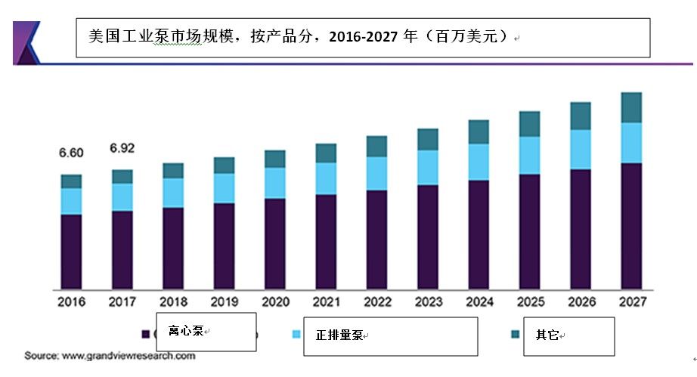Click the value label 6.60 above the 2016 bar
click(x=71, y=153)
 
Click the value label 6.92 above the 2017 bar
click(x=122, y=147)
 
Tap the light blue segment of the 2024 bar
click(x=479, y=162)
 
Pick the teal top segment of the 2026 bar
click(x=580, y=116)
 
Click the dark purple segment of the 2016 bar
click(x=71, y=251)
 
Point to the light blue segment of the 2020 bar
click(x=275, y=183)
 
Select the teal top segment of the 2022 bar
click(x=376, y=146)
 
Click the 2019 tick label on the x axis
click(x=224, y=301)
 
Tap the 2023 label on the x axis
click(x=428, y=301)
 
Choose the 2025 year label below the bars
click(x=529, y=301)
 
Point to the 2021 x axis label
click(x=326, y=301)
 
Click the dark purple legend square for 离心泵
click(x=144, y=334)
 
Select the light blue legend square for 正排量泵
click(x=296, y=334)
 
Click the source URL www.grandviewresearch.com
click(x=128, y=355)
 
